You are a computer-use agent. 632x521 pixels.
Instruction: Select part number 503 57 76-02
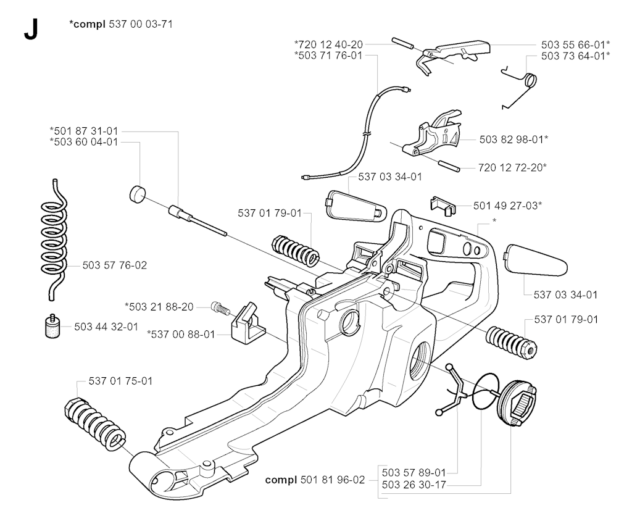(x=115, y=265)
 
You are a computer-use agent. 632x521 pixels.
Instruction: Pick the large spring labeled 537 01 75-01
(x=96, y=422)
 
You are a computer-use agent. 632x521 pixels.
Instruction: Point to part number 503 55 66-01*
(x=575, y=44)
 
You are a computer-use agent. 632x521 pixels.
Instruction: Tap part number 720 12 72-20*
(x=512, y=167)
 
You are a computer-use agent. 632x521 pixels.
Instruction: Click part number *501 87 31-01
(x=84, y=130)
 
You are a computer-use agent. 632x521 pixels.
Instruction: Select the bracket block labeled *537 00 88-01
(x=247, y=322)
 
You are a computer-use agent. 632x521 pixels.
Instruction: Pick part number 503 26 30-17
(x=413, y=485)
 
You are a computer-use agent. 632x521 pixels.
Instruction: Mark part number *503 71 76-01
(x=328, y=55)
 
